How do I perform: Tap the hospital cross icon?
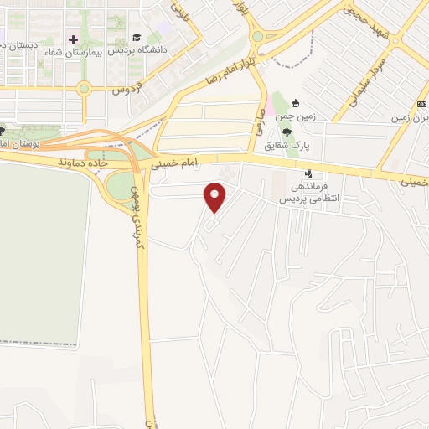74,39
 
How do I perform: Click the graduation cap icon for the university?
137,38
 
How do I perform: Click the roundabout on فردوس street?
84,88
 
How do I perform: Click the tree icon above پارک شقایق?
287,132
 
